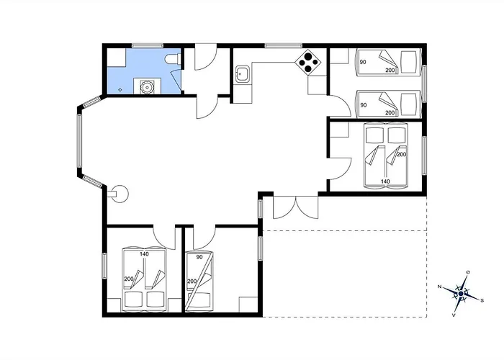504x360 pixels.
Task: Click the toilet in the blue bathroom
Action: pyautogui.click(x=172, y=60)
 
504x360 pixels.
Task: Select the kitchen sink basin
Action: pyautogui.click(x=241, y=74)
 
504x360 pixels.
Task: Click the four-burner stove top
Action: pyautogui.click(x=308, y=63)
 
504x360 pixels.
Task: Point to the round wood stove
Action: pyautogui.click(x=120, y=194)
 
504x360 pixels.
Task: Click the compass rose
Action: pyautogui.click(x=461, y=294)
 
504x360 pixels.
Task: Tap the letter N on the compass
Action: pyautogui.click(x=439, y=287)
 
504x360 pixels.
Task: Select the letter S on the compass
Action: pyautogui.click(x=482, y=301)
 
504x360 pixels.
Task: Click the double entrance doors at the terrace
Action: pyautogui.click(x=296, y=207)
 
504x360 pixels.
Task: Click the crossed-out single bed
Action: pyautogui.click(x=199, y=282)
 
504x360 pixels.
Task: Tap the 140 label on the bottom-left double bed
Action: pyautogui.click(x=144, y=254)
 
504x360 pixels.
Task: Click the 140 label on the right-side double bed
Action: pyautogui.click(x=385, y=181)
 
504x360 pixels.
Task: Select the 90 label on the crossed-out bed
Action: pyautogui.click(x=199, y=257)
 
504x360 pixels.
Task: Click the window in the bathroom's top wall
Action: pyautogui.click(x=147, y=45)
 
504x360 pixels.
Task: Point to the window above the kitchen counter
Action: pyautogui.click(x=284, y=45)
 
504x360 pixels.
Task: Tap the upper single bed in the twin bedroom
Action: pyautogui.click(x=388, y=63)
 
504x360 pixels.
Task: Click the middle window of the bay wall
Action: pyautogui.click(x=79, y=141)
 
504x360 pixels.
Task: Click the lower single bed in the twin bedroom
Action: pyautogui.click(x=388, y=104)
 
